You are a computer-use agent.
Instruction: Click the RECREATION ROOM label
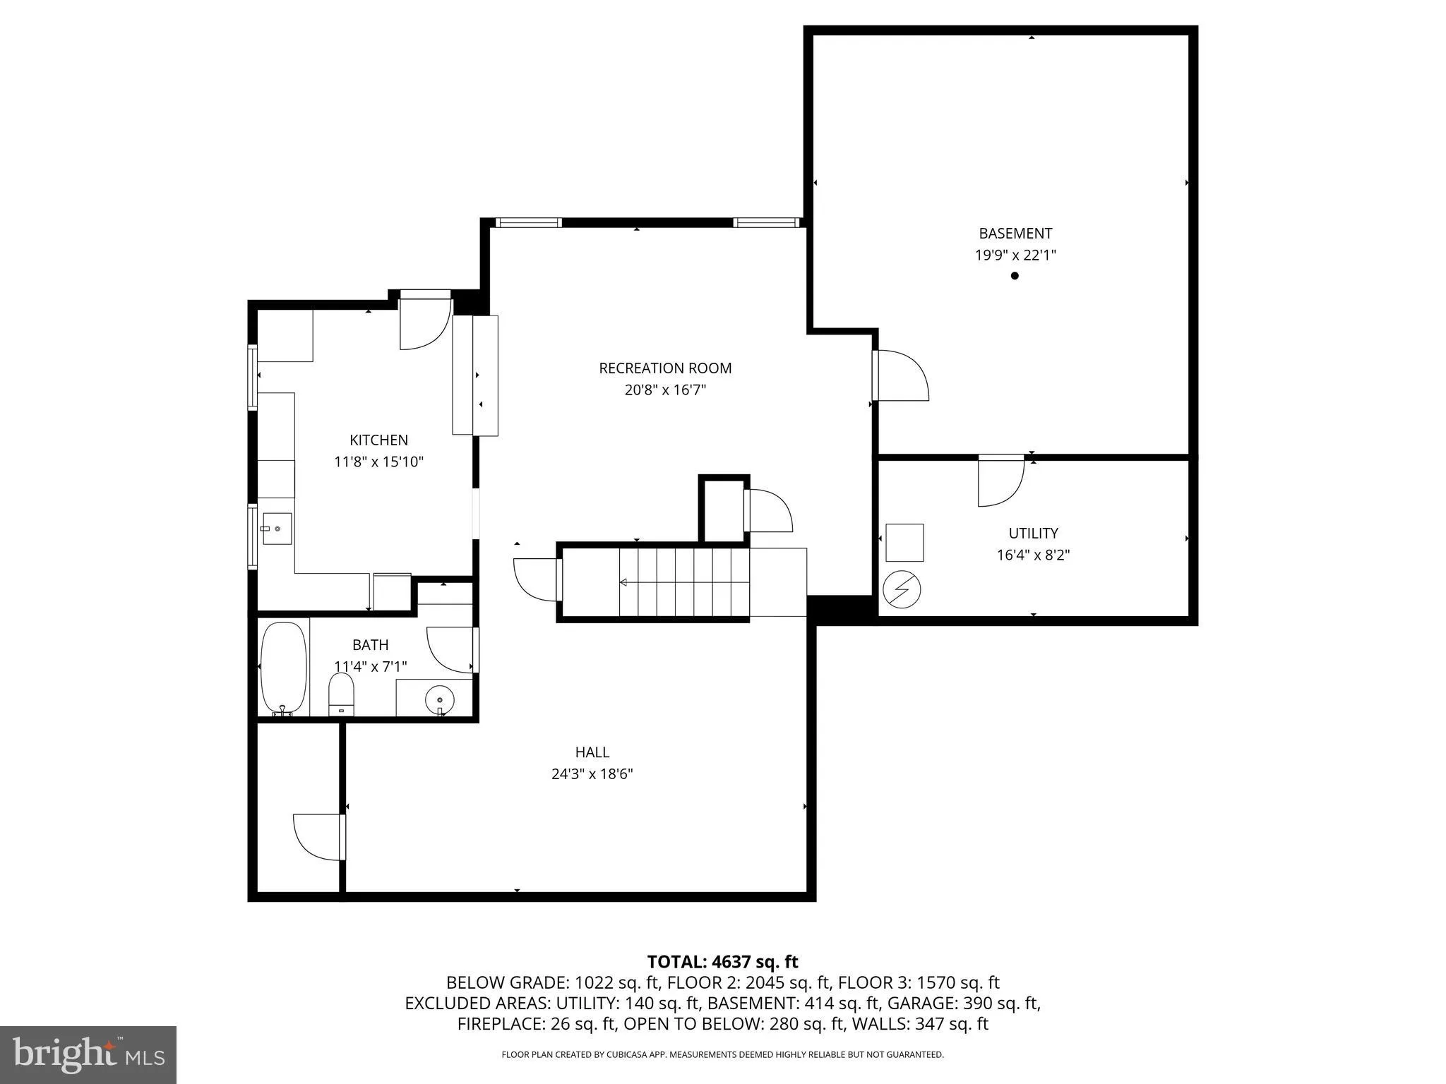pos(665,368)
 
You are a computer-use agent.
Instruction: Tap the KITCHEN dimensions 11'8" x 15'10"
pos(378,462)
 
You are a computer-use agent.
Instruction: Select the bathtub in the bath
pos(284,668)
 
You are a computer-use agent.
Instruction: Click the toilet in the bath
pos(341,693)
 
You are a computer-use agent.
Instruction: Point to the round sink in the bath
pos(440,699)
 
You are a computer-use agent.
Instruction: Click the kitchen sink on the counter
pos(276,529)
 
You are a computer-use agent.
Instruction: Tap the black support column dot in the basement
pos(1015,276)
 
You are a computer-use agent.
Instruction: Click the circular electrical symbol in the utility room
pos(902,589)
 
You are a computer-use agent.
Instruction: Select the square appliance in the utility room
pos(904,543)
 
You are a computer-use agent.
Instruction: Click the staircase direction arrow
pos(624,582)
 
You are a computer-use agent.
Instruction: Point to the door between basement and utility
pos(1000,481)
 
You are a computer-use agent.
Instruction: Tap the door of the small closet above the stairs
pos(767,510)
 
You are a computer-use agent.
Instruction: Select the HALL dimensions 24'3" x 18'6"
pos(592,774)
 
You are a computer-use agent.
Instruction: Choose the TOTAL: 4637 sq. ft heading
pos(722,962)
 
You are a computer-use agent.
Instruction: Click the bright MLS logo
pos(88,1054)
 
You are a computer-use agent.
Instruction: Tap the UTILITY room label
pos(1033,533)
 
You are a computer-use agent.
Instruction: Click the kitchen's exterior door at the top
pos(425,322)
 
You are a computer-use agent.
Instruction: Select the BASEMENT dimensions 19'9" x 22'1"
pos(1015,255)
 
